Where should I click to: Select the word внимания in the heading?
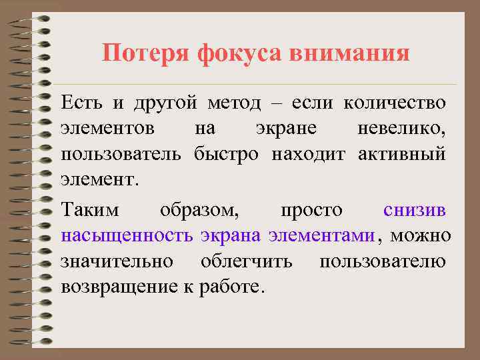(350, 53)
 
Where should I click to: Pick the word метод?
(237, 104)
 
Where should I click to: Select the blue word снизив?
(415, 211)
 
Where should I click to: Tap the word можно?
(421, 236)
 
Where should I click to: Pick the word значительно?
(117, 261)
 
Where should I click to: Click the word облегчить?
(247, 261)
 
